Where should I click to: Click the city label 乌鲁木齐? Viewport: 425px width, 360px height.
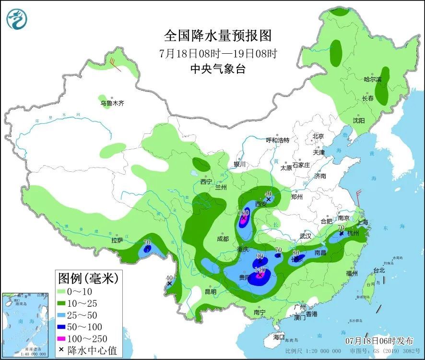point(112,103)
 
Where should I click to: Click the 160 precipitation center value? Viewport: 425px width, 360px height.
point(244,213)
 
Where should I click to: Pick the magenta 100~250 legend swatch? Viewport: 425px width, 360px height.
point(64,338)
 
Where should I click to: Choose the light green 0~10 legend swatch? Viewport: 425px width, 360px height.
point(64,291)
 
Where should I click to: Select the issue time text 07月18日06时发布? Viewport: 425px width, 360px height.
point(379,341)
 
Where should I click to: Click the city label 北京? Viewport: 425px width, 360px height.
point(319,136)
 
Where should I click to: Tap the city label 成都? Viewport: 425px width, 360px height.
point(223,239)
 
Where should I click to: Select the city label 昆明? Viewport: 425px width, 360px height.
point(211,291)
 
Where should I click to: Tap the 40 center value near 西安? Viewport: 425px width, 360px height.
point(268,194)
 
